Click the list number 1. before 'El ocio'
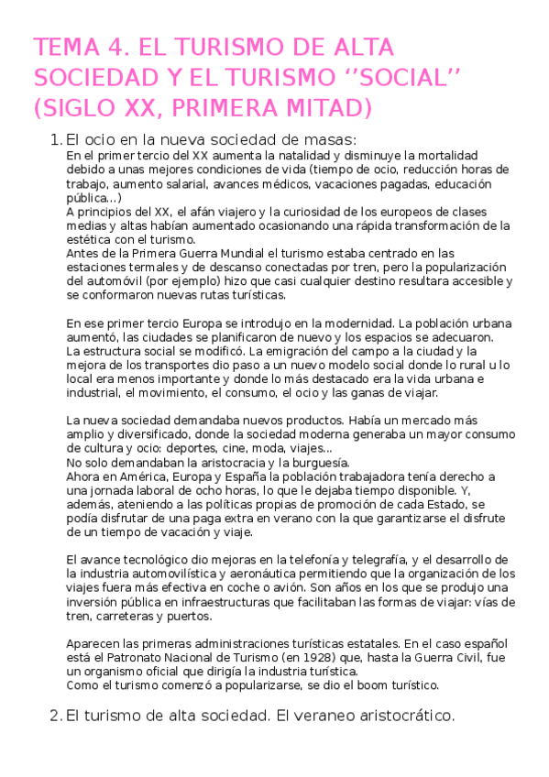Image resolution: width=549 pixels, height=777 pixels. coord(53,140)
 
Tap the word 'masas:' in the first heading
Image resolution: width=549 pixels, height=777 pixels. coord(330,140)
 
